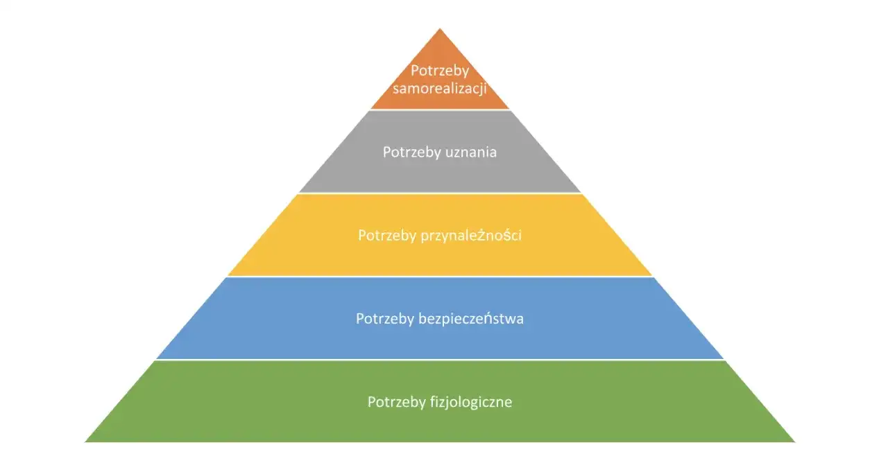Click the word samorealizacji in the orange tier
(x=440, y=89)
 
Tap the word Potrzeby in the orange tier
(x=440, y=71)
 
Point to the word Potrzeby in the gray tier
(x=409, y=152)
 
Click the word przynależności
(x=471, y=236)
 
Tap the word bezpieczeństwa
(x=471, y=319)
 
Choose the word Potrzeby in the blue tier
(x=385, y=319)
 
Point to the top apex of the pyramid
(x=440, y=29)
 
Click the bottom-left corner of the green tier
(x=86, y=442)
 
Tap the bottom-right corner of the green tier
(x=794, y=442)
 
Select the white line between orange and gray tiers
(x=440, y=110)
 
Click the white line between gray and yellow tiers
(x=440, y=193)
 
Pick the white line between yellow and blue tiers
(x=440, y=277)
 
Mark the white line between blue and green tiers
(x=440, y=360)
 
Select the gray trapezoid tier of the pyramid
(x=440, y=173)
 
